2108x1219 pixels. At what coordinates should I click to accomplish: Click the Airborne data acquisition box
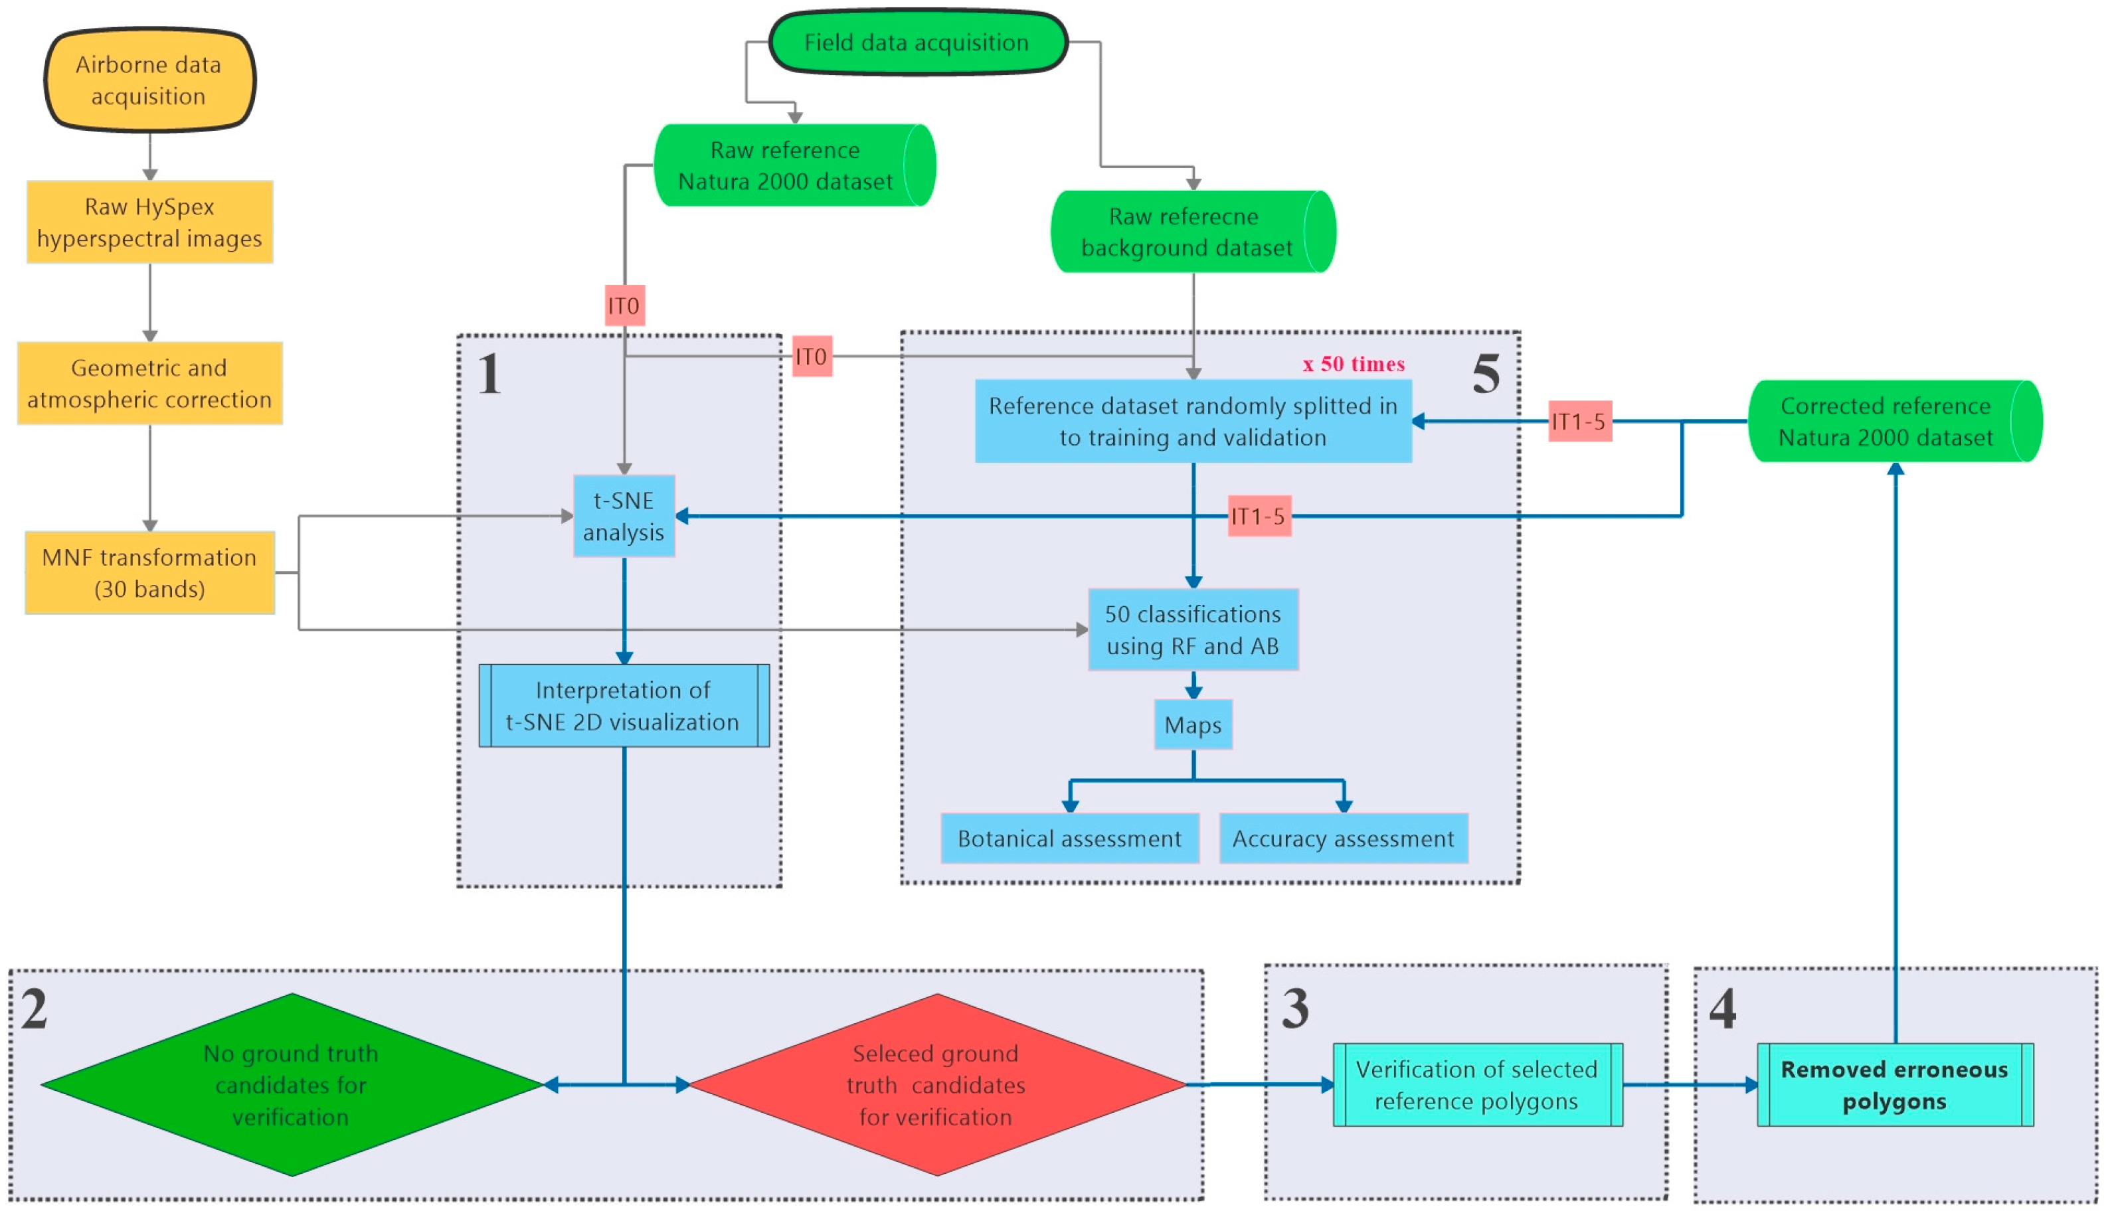click(149, 80)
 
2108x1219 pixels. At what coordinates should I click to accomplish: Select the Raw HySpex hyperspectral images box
click(149, 222)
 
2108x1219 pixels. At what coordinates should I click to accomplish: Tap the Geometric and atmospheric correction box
click(149, 384)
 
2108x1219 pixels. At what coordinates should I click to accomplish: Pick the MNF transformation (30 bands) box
click(149, 574)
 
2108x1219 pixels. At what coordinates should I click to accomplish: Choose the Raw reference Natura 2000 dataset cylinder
click(786, 165)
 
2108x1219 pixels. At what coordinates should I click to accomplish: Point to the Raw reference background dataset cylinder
click(1186, 232)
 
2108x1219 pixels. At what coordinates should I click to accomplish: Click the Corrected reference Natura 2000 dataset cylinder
click(1886, 422)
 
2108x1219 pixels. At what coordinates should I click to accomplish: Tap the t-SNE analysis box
click(624, 517)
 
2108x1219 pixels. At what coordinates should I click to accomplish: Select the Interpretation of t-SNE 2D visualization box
click(624, 706)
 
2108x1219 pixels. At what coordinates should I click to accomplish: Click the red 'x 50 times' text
click(1354, 365)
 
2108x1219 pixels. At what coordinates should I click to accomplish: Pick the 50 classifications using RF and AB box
click(1193, 630)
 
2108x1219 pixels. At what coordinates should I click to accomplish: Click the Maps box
click(1193, 726)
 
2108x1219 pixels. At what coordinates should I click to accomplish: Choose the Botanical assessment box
click(1070, 839)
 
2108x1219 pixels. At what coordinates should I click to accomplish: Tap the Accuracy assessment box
click(1344, 839)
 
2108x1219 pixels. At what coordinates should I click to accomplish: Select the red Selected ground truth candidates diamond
click(937, 1086)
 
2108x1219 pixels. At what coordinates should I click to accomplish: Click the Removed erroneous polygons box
click(1895, 1086)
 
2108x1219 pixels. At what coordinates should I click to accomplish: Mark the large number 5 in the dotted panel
click(1486, 374)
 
